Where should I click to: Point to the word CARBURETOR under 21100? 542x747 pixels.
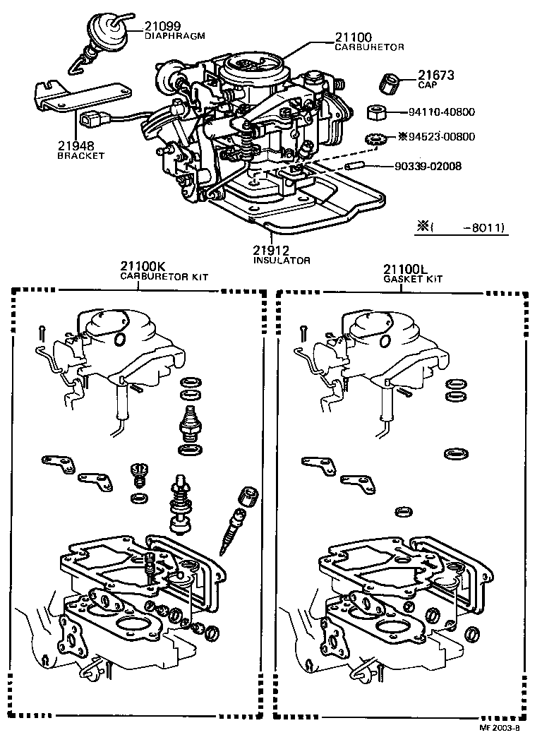(x=369, y=47)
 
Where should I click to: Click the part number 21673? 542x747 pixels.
(x=435, y=75)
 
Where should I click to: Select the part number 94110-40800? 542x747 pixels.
(x=442, y=112)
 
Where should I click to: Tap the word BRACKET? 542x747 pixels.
(x=80, y=155)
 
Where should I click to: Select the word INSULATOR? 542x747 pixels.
(x=282, y=260)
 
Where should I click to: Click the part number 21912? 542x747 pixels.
(x=273, y=250)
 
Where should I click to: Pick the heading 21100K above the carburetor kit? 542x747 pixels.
(x=143, y=267)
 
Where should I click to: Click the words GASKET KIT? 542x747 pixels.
(x=413, y=278)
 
